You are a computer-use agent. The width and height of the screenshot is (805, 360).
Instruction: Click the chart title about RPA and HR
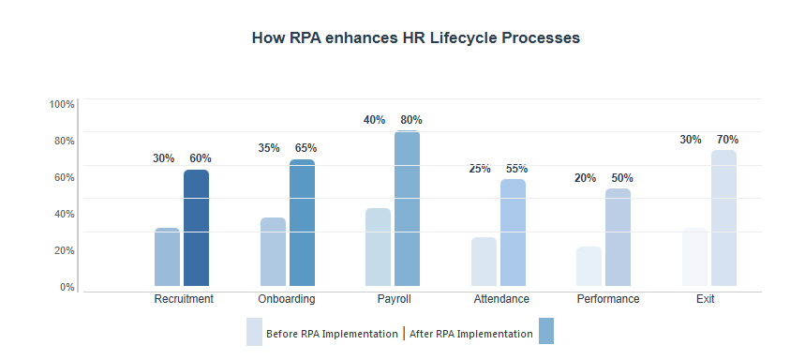[416, 38]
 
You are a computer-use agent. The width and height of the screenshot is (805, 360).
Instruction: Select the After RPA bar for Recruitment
[196, 228]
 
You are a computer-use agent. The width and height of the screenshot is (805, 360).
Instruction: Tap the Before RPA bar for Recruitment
[167, 257]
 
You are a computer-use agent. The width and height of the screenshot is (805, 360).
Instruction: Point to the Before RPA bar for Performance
[589, 266]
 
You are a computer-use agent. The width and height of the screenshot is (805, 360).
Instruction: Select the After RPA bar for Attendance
[513, 232]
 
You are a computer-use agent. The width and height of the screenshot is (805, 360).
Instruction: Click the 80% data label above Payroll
[410, 120]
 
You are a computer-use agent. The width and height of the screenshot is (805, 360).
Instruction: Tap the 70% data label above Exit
[727, 140]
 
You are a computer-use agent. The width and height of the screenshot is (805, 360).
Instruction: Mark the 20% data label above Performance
[585, 177]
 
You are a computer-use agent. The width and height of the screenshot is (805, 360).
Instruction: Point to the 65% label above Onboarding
[306, 148]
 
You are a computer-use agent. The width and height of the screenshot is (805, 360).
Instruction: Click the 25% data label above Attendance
[480, 169]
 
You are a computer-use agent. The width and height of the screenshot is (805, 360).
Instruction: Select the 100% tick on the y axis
[62, 104]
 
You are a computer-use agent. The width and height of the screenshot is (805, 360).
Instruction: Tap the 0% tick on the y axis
[67, 287]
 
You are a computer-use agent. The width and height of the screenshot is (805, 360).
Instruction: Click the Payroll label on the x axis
[393, 299]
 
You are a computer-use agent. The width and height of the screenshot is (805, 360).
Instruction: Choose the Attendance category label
[501, 299]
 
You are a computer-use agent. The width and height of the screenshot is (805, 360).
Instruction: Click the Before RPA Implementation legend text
[332, 334]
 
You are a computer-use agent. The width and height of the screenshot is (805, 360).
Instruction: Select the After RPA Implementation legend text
[471, 334]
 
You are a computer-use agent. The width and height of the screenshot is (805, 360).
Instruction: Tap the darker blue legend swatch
[546, 331]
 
